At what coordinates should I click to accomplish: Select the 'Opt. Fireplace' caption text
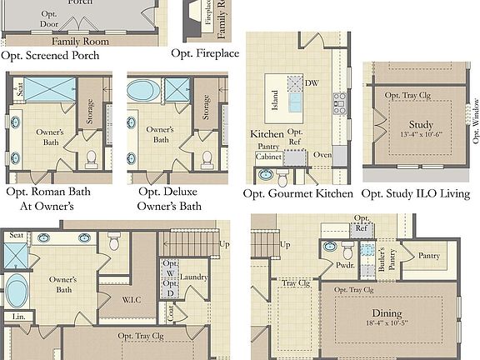(x=204, y=53)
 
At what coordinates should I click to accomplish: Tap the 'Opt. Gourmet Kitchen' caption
(x=298, y=193)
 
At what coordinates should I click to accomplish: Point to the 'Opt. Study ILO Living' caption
(x=416, y=193)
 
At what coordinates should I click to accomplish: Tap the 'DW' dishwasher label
(x=312, y=83)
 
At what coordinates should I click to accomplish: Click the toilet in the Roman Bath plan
(x=92, y=156)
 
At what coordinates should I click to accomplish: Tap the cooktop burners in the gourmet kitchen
(x=340, y=102)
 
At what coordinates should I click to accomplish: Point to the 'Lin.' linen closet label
(x=17, y=317)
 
